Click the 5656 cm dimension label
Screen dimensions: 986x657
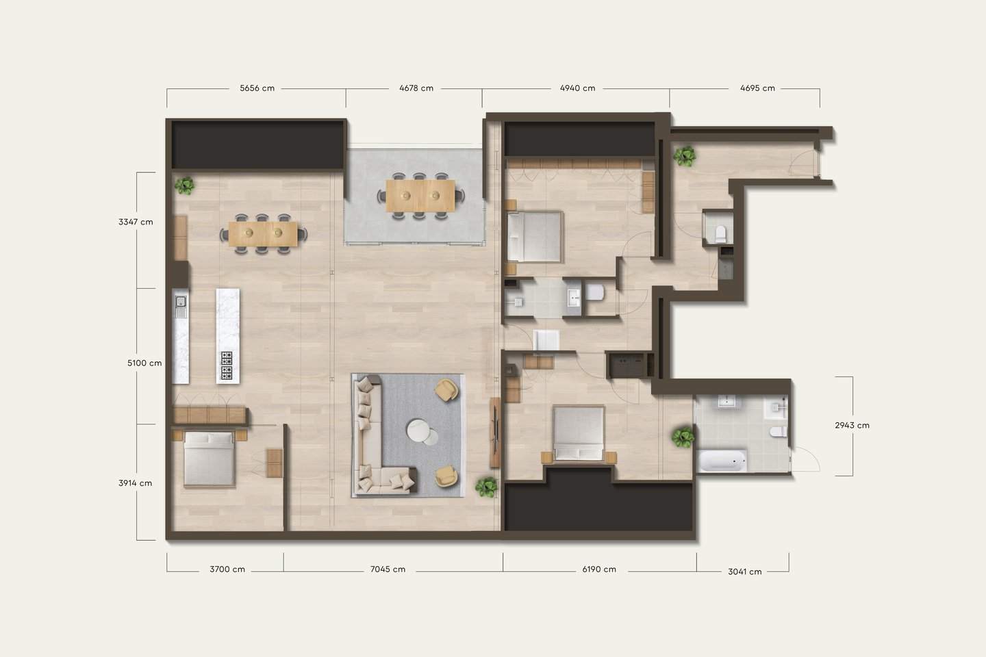point(257,88)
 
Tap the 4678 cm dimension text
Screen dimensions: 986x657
point(416,88)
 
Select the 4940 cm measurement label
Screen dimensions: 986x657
point(577,88)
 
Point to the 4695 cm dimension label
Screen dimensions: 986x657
point(757,88)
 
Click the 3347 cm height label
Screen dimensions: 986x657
point(136,222)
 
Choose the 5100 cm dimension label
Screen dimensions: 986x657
point(144,363)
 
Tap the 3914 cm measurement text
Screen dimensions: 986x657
point(135,482)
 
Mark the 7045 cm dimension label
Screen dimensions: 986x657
point(388,569)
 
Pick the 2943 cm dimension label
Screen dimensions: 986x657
point(852,425)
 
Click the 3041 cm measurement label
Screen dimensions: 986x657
point(744,571)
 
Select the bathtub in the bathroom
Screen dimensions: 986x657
point(722,461)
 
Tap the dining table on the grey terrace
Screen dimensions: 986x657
point(420,196)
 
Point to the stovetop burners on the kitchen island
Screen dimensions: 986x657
point(227,365)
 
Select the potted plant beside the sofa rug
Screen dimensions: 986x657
point(486,487)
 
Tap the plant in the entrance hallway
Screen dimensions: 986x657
point(684,156)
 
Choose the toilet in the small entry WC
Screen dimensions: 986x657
point(720,233)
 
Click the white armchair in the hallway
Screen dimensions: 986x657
point(546,341)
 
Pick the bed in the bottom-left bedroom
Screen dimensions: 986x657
point(209,459)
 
